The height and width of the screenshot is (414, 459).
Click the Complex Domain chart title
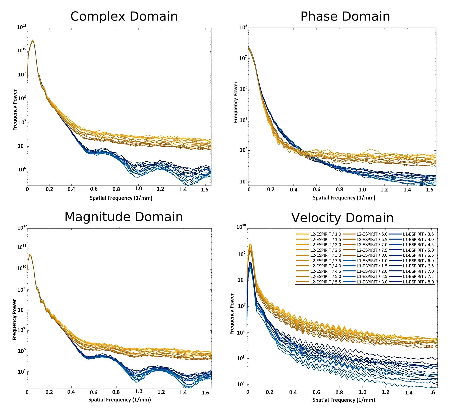tap(124, 17)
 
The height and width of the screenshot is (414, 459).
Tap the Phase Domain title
tap(345, 17)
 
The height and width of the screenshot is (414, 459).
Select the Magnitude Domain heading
tap(124, 217)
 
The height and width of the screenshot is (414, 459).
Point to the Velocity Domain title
tap(342, 218)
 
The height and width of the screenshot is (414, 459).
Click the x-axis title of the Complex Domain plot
tap(121, 198)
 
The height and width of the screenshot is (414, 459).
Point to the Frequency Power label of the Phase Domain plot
tap(236, 102)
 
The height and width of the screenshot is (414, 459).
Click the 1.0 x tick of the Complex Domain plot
tap(138, 189)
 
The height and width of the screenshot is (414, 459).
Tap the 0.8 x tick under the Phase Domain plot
tap(339, 189)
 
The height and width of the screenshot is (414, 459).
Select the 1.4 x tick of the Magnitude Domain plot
tap(183, 392)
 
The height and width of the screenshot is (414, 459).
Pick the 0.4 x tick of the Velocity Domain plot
tap(293, 392)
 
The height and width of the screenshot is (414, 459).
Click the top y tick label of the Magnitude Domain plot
tap(22, 228)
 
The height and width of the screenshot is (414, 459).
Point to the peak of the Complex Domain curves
tap(32, 40)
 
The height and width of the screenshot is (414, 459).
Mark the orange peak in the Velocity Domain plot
tap(250, 244)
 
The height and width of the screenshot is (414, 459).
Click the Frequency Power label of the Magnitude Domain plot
tap(15, 320)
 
